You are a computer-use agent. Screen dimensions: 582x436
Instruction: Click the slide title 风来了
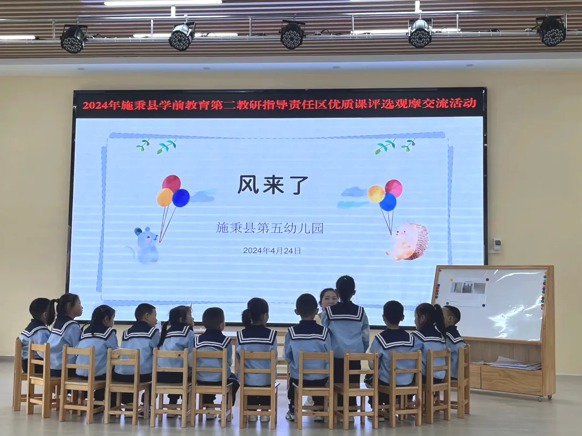coord(273,185)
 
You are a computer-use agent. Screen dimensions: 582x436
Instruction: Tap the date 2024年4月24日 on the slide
coord(272,251)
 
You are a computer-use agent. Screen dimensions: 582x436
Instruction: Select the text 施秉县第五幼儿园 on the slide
coord(270,227)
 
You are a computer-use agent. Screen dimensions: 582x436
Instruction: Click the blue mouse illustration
coord(145,245)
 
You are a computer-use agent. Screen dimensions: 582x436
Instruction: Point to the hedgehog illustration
coord(408,241)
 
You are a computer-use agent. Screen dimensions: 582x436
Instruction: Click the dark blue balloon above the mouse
coord(181,198)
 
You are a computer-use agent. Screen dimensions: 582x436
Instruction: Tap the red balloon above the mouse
coord(171,183)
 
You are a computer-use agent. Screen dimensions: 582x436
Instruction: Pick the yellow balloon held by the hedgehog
coord(376,193)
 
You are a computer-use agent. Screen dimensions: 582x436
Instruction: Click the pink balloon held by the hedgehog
coord(394,188)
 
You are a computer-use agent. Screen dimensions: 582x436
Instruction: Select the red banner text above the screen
coord(279,104)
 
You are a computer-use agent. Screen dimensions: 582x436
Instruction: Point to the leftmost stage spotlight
coord(73,39)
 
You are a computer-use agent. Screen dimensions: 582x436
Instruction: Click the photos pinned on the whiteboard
coord(468,288)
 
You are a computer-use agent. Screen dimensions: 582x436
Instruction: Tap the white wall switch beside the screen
coord(497,245)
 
